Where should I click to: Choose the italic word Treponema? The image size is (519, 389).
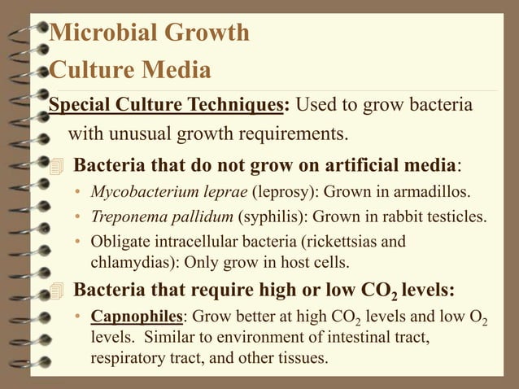(x=124, y=218)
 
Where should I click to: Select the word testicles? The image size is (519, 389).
(x=455, y=218)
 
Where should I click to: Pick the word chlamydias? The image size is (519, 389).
(x=130, y=263)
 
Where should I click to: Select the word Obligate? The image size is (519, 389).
(x=120, y=243)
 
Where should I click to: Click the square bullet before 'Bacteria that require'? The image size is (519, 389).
(x=55, y=290)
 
